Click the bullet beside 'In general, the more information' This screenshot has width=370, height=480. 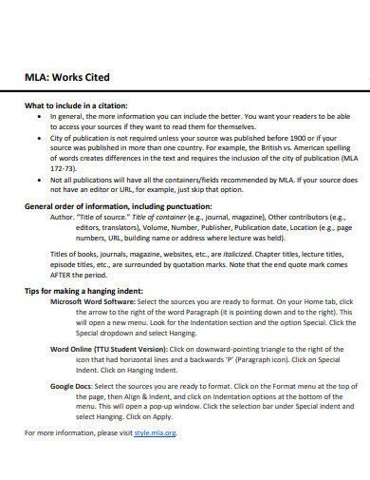38,115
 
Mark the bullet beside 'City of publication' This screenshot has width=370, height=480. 38,137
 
